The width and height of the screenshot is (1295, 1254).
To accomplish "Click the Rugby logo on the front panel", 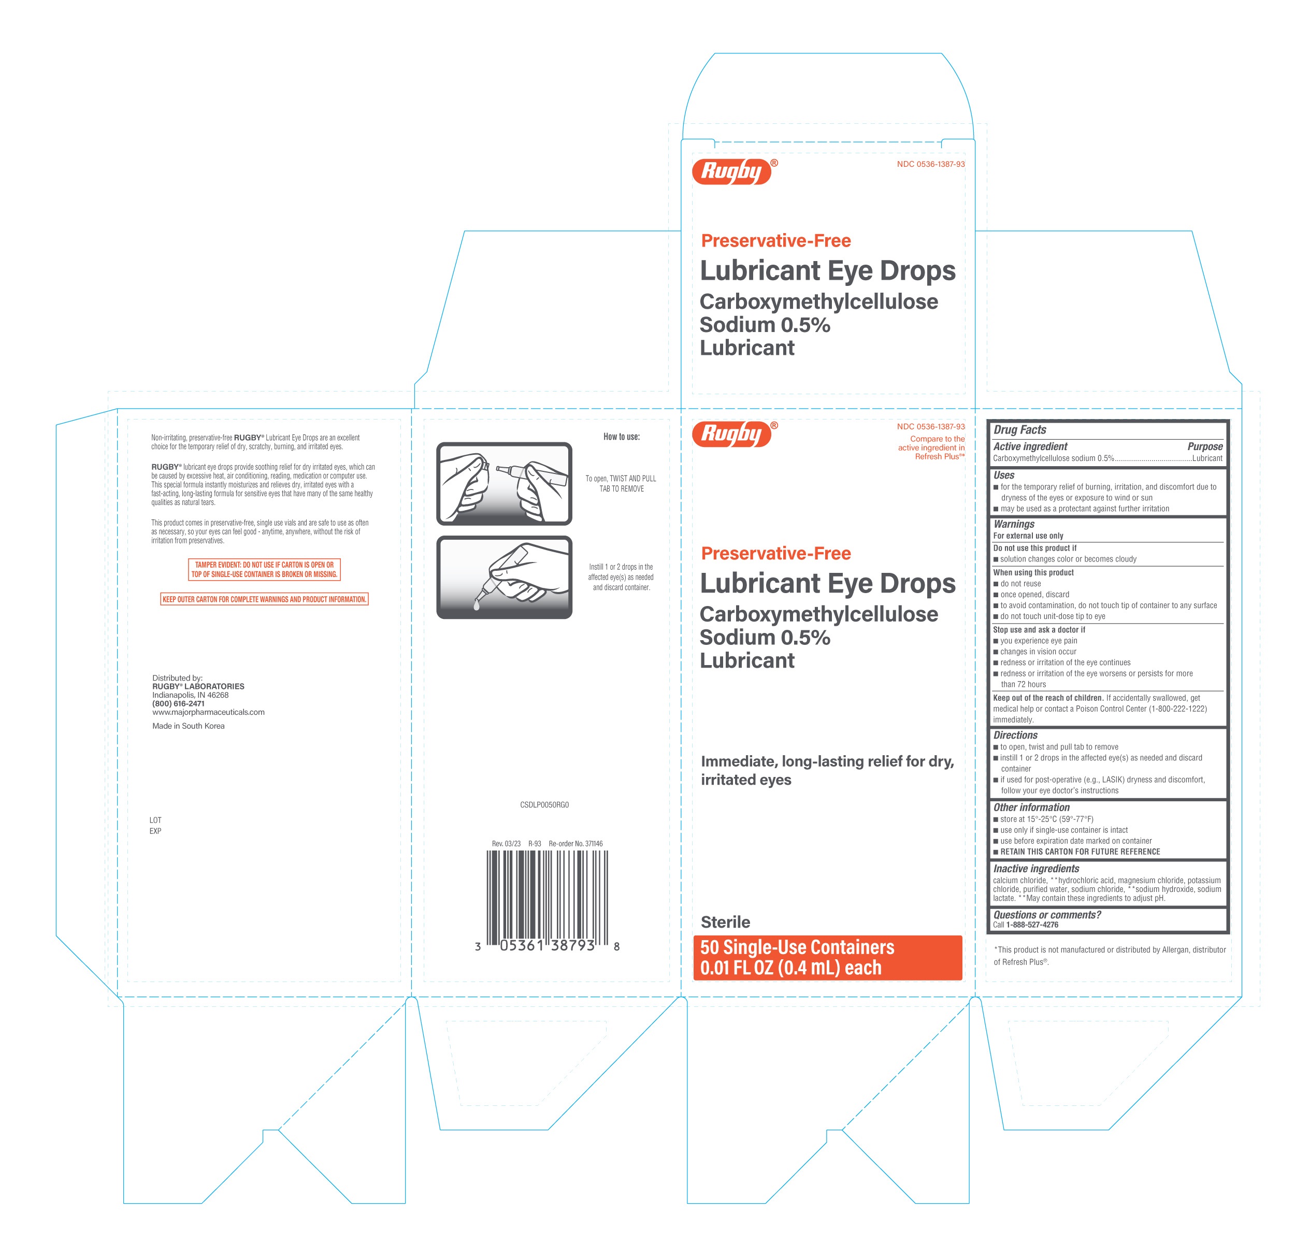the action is pos(734,434).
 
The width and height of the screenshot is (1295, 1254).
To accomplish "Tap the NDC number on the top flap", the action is pos(930,164).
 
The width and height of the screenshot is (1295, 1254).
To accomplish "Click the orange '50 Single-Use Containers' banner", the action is pos(827,957).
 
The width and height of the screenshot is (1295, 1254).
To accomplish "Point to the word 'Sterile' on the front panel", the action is pos(726,921).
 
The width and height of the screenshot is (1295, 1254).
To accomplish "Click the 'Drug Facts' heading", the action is pos(1019,429).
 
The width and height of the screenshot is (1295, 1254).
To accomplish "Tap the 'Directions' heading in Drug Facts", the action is pos(1015,734).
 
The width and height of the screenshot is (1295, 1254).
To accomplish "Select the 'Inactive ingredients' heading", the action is pos(1036,868).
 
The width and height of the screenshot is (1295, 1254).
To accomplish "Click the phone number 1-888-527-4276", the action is pos(1032,924).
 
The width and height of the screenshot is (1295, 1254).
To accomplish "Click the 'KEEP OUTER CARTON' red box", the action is pos(264,599).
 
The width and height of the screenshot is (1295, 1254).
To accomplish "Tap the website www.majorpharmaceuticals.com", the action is pos(208,712).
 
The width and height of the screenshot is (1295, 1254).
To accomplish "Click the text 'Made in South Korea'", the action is pos(189,726).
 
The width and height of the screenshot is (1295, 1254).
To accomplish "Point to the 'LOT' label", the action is pos(155,820).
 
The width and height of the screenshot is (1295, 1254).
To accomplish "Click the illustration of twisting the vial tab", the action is pos(504,484).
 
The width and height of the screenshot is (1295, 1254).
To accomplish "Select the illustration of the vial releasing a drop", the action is pos(504,578).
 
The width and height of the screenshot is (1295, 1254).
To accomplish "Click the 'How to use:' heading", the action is pos(621,437).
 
